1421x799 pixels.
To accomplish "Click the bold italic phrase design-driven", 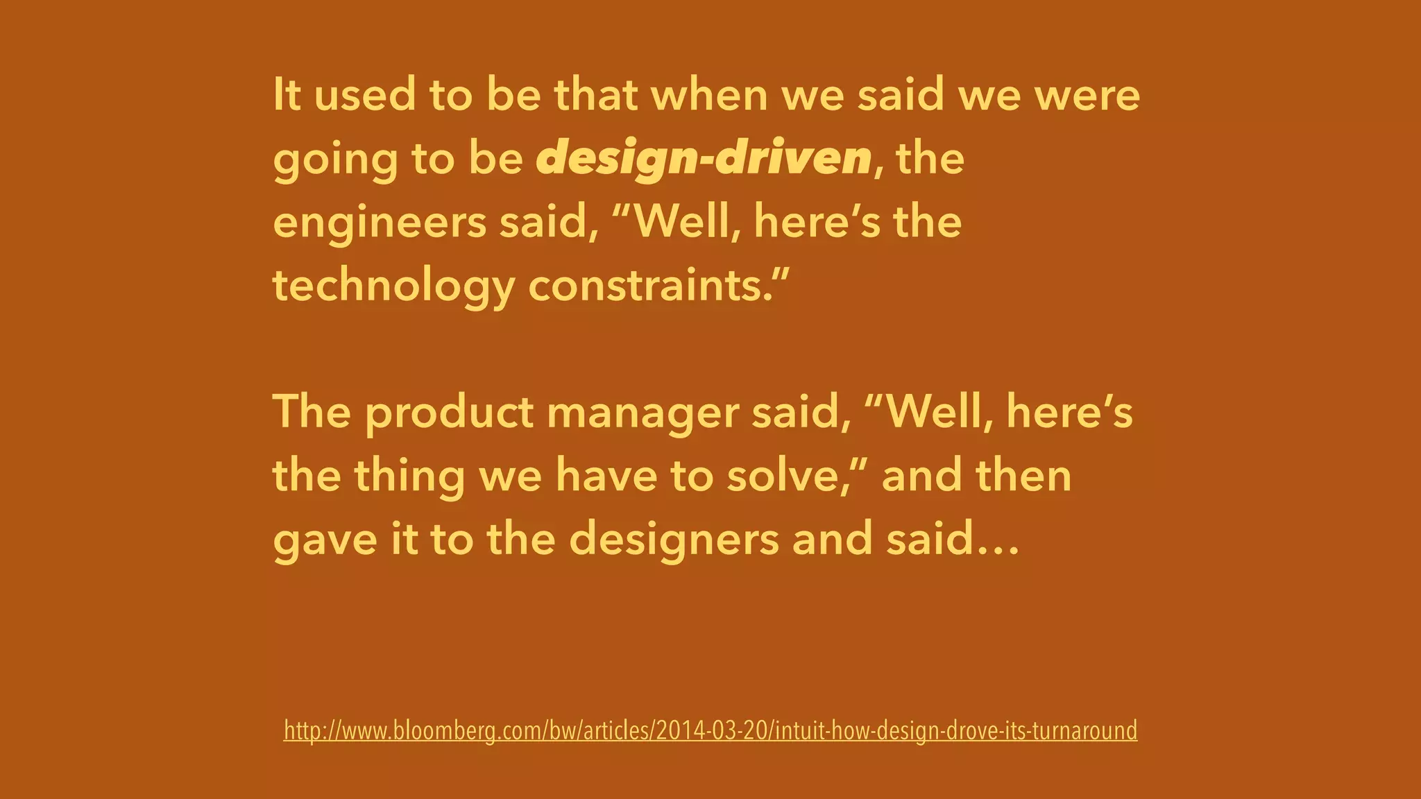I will coord(704,159).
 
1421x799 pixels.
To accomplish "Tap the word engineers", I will coord(380,223).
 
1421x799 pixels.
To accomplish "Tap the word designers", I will coord(674,540).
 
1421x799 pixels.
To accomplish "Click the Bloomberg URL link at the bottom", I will coord(710,730).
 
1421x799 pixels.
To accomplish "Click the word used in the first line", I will coord(365,95).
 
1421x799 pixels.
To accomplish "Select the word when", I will coord(709,95).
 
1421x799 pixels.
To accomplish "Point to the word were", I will coord(1087,95).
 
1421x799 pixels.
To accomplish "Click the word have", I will coord(606,476).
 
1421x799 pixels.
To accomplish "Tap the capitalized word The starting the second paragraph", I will coord(312,412).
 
